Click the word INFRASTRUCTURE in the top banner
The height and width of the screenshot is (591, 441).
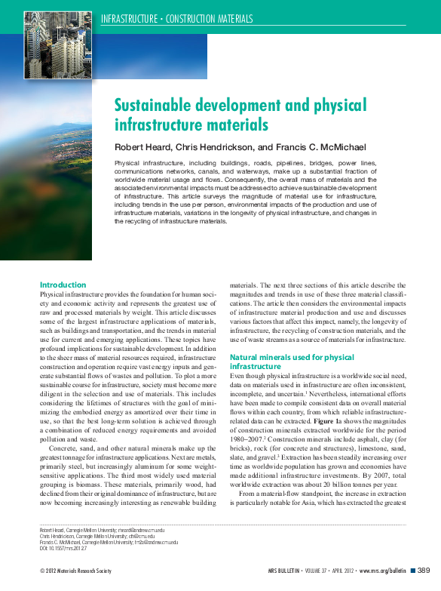pyautogui.click(x=132, y=19)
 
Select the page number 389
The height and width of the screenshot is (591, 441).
pyautogui.click(x=424, y=571)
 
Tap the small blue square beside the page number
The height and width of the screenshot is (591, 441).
pyautogui.click(x=412, y=571)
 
